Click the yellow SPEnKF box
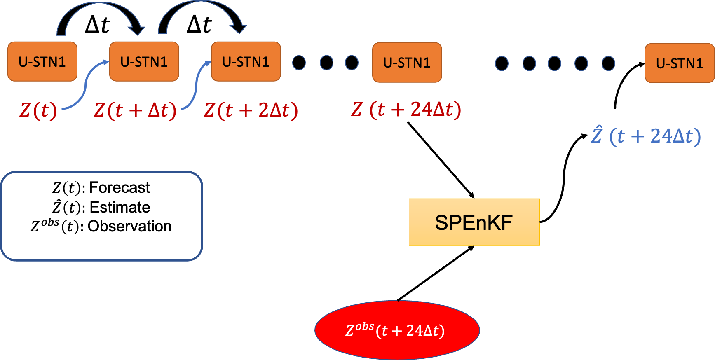point(474,222)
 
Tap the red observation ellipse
point(397,330)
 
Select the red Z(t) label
point(38,110)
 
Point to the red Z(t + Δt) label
point(135,110)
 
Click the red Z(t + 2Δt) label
point(251,110)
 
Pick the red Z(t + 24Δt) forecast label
point(406,109)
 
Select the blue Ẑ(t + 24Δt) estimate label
point(646,136)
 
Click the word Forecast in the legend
point(120,188)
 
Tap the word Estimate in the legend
point(120,207)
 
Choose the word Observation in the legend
point(129,226)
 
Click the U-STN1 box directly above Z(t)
point(42,62)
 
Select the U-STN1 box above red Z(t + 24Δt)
point(407,63)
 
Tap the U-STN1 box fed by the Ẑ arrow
point(680,63)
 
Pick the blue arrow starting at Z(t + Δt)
point(196,86)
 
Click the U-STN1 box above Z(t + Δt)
point(144,62)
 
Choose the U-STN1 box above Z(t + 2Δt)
point(246,62)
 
